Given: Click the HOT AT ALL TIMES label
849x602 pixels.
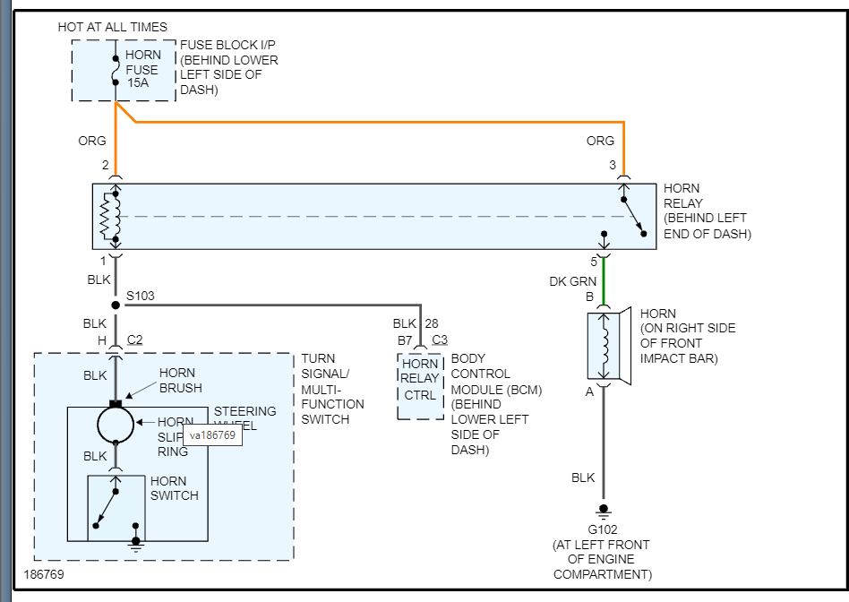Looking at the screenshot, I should tap(112, 27).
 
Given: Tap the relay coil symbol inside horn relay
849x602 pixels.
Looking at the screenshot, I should tap(111, 216).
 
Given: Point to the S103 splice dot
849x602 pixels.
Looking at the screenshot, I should tap(116, 305).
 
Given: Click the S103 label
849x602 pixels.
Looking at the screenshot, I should tap(141, 296).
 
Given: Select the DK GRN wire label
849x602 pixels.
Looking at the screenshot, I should tap(573, 281).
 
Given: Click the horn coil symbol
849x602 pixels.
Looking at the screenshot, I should tap(605, 345).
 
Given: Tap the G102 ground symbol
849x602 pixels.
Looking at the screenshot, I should tap(604, 512).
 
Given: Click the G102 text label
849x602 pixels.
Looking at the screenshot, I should tap(604, 529).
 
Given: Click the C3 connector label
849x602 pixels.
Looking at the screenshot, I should tap(440, 340).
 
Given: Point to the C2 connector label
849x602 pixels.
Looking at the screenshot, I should tap(135, 340).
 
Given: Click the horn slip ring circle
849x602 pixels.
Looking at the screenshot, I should tap(116, 424).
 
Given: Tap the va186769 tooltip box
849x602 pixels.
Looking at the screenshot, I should tap(213, 436).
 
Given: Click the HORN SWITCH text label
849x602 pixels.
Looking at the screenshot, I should tap(175, 488).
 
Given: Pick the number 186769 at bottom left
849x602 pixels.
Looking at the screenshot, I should tap(44, 572).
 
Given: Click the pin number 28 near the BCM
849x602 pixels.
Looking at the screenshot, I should tap(433, 322).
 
